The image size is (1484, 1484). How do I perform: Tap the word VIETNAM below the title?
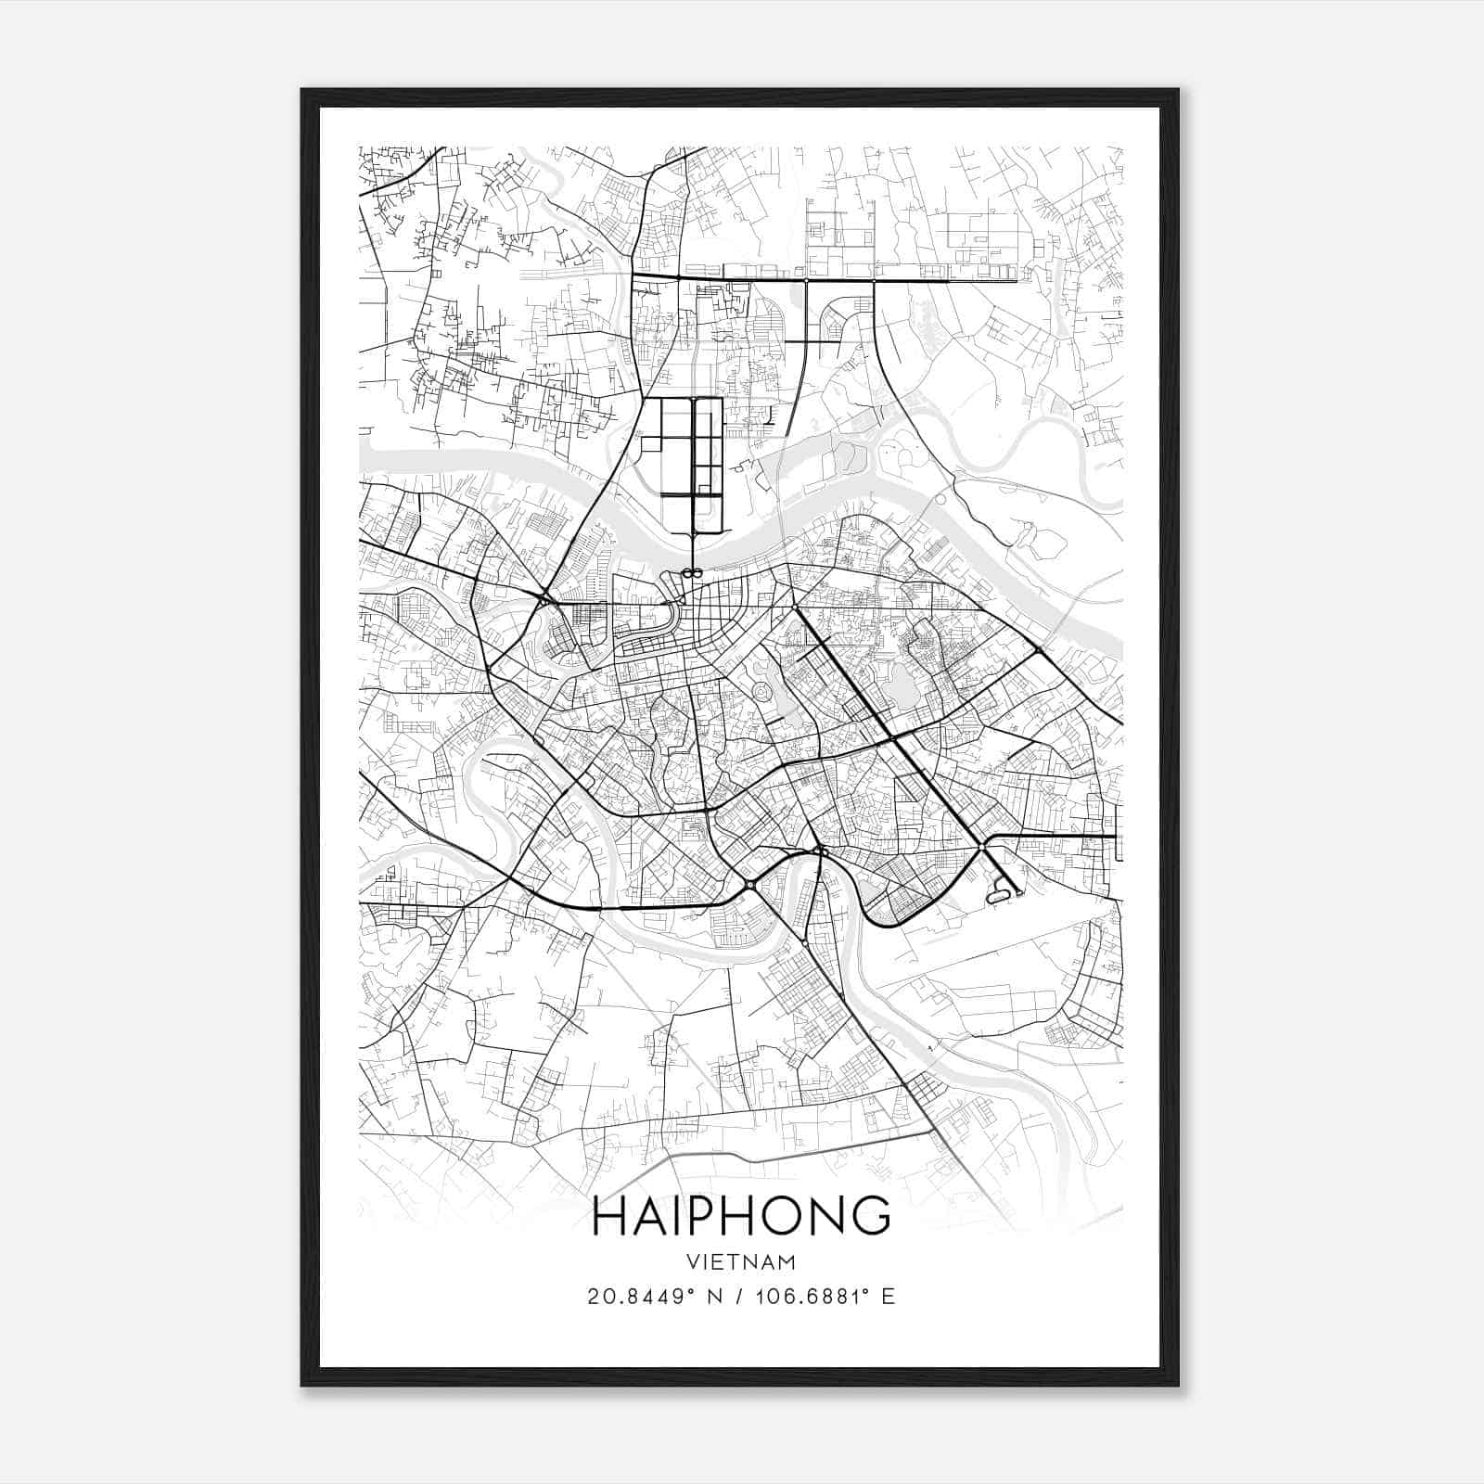click(741, 1261)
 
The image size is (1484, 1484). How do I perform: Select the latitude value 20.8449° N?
click(645, 1296)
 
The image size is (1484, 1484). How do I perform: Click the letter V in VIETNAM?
click(695, 1261)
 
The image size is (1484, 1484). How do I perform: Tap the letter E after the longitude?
click(889, 1296)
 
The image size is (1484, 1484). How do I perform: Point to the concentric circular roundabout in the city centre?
click(762, 692)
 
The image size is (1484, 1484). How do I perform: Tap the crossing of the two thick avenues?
click(891, 738)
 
